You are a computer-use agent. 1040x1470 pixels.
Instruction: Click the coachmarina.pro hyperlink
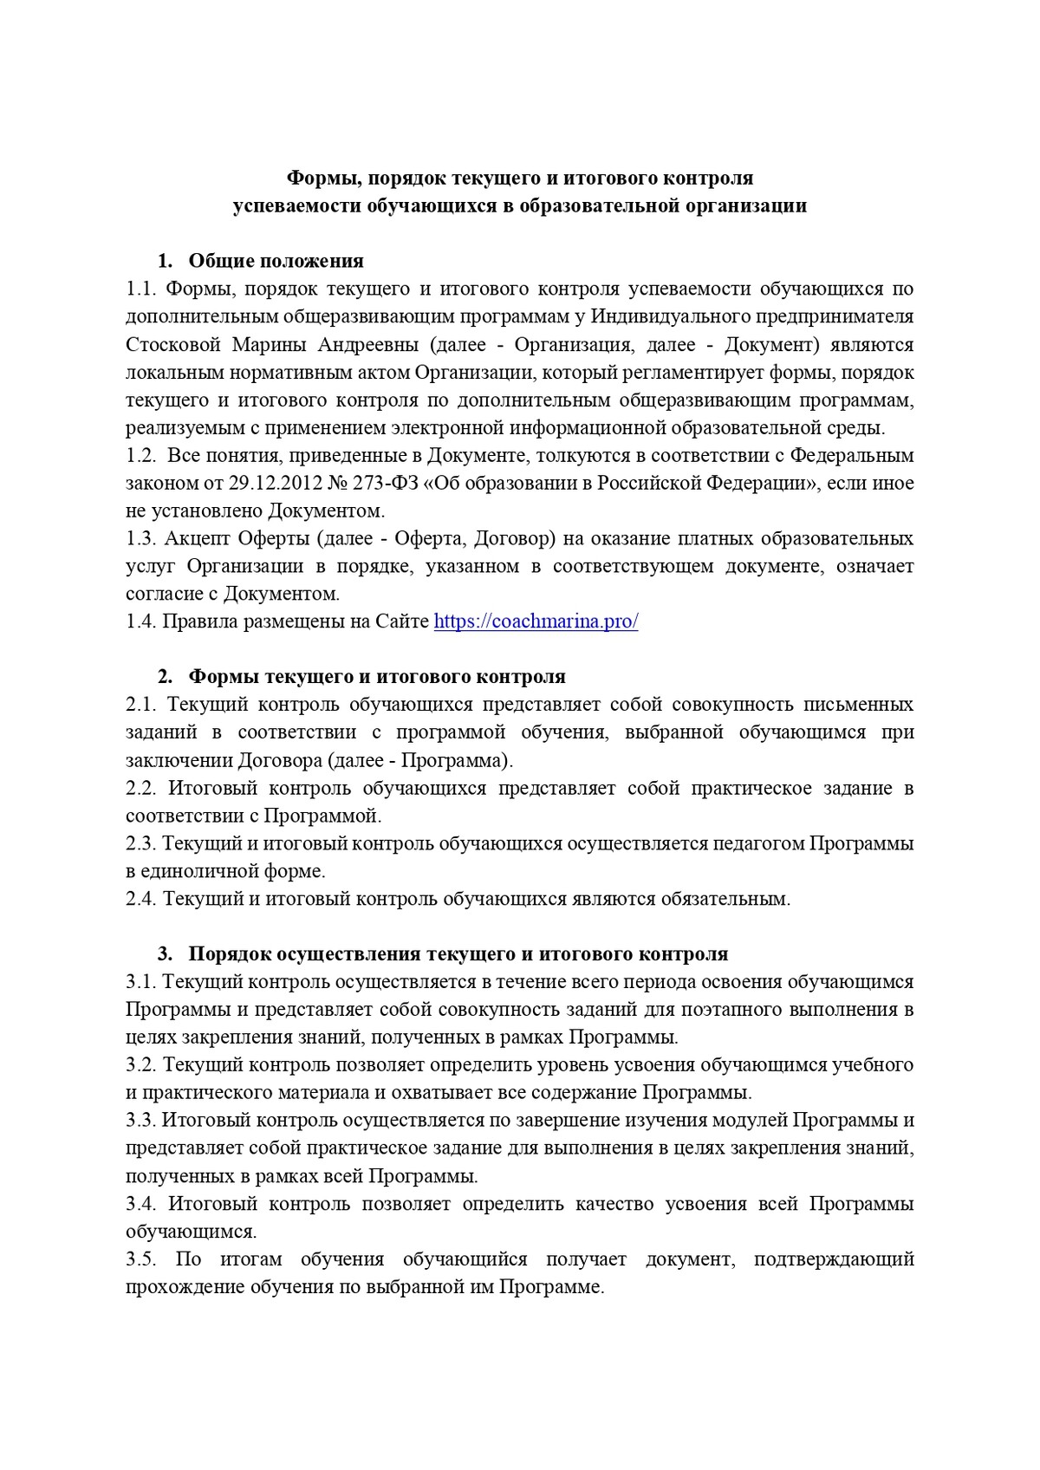click(536, 621)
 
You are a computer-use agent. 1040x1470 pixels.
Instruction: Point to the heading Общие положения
click(276, 261)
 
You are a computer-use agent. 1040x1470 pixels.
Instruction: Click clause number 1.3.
click(140, 538)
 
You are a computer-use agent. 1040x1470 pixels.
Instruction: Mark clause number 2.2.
click(140, 788)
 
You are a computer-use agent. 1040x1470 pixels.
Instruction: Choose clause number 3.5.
click(140, 1259)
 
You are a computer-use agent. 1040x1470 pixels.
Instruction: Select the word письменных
click(858, 705)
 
